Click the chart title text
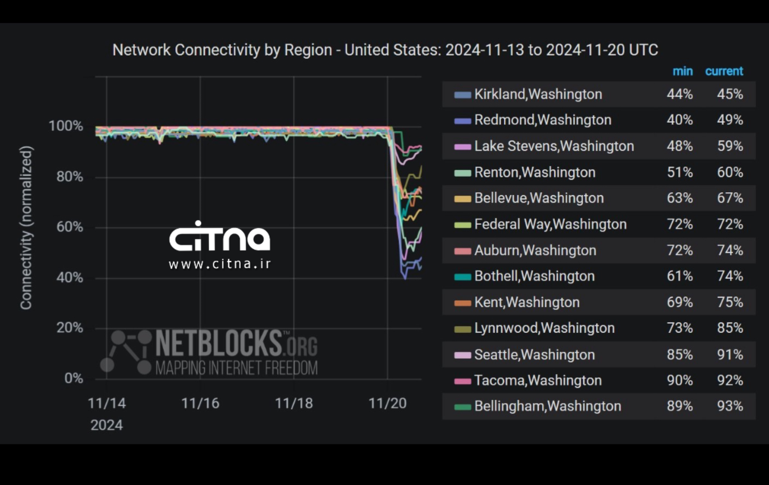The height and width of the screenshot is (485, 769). [385, 50]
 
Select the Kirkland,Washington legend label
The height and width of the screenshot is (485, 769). [538, 94]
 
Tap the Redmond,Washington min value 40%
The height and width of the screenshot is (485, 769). [679, 120]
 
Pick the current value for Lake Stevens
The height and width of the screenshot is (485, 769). [730, 146]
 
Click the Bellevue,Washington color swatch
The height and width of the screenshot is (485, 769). [462, 199]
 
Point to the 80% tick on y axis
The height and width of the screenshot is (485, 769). [70, 176]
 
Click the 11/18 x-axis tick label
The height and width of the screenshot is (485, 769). [294, 404]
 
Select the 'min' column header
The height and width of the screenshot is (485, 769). [682, 71]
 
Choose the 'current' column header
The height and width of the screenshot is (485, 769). [724, 71]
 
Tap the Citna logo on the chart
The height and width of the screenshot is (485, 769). [220, 237]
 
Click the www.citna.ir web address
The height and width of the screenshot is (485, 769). [220, 264]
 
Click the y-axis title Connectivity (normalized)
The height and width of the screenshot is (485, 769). [26, 227]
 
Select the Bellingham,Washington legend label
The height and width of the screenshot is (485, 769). [547, 406]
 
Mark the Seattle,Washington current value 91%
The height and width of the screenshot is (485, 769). [730, 355]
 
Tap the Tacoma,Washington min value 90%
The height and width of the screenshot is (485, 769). [679, 381]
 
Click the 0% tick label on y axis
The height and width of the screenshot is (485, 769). [74, 378]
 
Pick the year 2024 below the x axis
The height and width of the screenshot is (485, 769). [107, 425]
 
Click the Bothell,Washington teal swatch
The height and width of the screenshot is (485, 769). [462, 277]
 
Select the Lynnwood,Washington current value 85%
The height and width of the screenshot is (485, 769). [730, 328]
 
